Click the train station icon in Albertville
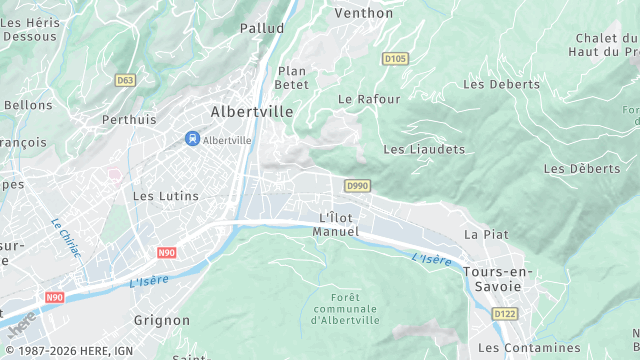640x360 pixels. pos(191,140)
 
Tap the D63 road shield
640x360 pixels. pos(125,80)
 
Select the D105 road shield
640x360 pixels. pos(395,59)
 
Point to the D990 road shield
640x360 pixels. pos(357,186)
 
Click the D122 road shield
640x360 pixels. pos(504,314)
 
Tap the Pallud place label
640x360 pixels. pos(261,29)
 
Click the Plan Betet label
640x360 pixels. pos(291,78)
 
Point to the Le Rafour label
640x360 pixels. pos(369,99)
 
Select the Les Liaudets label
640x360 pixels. pos(425,149)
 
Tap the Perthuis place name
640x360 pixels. pos(129,119)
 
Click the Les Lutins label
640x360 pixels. pos(166,196)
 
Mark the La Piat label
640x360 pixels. pos(486,234)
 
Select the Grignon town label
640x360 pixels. pos(161,320)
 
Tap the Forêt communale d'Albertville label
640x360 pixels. pos(345,309)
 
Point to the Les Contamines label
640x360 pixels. pos(529,347)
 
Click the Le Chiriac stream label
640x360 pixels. pos(65,237)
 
